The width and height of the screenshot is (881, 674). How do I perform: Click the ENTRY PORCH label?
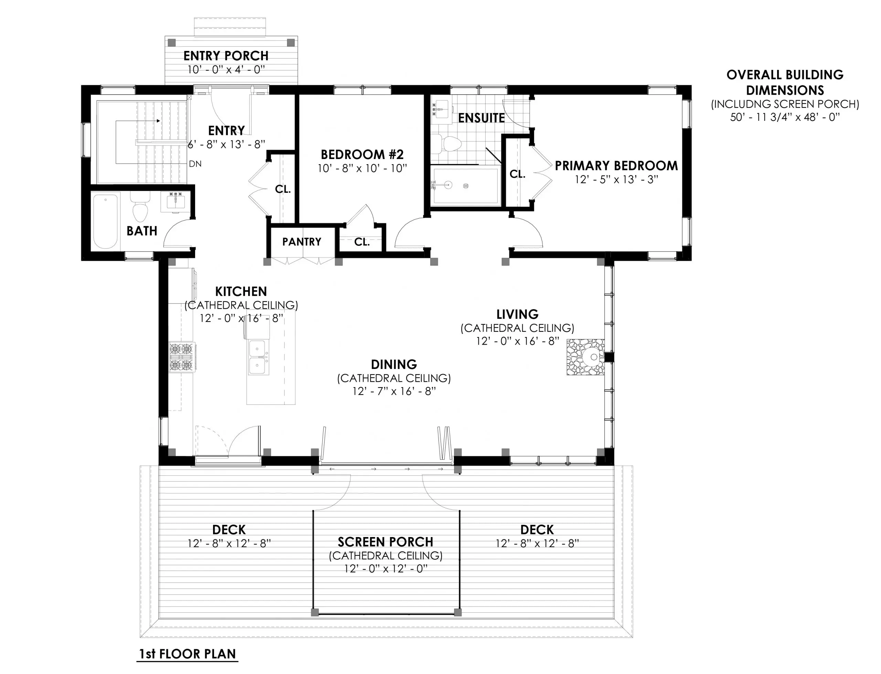[226, 56]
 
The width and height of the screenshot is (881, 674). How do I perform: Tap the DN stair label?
[195, 164]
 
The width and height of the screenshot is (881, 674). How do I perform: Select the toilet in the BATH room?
[140, 208]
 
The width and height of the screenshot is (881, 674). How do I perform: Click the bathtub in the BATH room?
[106, 221]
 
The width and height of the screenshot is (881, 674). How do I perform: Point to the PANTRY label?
[301, 242]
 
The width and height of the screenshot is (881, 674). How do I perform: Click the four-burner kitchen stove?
[181, 357]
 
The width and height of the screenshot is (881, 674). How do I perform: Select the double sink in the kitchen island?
[258, 357]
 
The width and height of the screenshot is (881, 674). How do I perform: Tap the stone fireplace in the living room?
[585, 357]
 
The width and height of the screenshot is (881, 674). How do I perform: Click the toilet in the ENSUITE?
[449, 144]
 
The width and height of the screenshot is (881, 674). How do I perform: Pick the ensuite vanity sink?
[442, 109]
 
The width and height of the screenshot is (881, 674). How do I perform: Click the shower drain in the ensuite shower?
[466, 185]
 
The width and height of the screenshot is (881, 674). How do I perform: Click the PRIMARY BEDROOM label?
[616, 165]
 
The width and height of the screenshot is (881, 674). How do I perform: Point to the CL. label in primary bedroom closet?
[517, 174]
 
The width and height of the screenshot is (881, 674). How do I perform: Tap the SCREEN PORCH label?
[385, 542]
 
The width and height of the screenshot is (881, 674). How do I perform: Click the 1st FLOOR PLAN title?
[187, 654]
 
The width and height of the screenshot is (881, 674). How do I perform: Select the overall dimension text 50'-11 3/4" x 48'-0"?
[785, 117]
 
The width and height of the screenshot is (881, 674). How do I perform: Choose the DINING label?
[394, 364]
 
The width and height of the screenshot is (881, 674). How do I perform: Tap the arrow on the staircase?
[158, 120]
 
